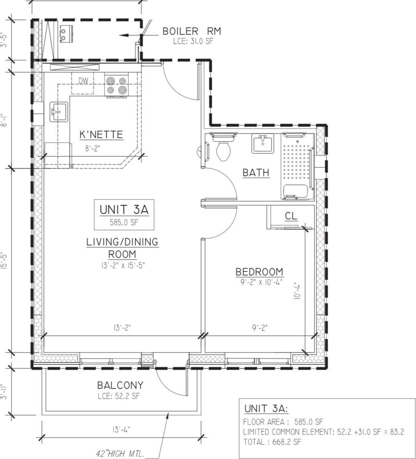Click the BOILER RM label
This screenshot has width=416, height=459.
pyautogui.click(x=191, y=31)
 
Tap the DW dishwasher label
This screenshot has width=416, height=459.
pyautogui.click(x=83, y=81)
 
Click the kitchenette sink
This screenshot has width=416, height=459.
pyautogui.click(x=59, y=112)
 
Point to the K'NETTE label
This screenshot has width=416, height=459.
pyautogui.click(x=101, y=135)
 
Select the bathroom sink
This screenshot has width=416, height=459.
pyautogui.click(x=263, y=143)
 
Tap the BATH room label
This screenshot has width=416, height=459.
pyautogui.click(x=256, y=173)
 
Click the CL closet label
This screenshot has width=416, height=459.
pyautogui.click(x=291, y=216)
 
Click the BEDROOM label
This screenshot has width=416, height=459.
pyautogui.click(x=259, y=272)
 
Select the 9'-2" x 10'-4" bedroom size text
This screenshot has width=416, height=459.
pyautogui.click(x=259, y=282)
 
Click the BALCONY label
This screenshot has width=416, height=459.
pyautogui.click(x=120, y=385)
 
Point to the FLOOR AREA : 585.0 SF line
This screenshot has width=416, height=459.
pyautogui.click(x=283, y=422)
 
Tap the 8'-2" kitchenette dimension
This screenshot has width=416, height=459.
pyautogui.click(x=92, y=149)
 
